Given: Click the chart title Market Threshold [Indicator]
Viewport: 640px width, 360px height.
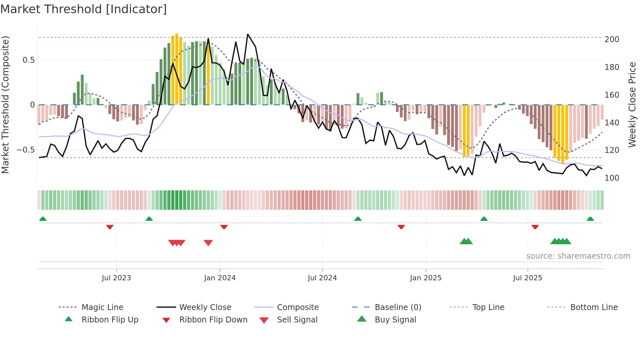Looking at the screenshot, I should [x=84, y=9].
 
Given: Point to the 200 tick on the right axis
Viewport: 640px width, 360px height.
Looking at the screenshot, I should [x=612, y=40].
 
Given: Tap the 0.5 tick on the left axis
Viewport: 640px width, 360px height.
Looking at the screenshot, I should [x=29, y=60].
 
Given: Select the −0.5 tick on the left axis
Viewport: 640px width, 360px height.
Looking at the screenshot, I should [x=26, y=150].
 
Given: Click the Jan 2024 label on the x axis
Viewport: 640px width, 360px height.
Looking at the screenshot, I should [x=220, y=278].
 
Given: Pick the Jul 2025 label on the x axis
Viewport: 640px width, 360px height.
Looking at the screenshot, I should [x=527, y=278].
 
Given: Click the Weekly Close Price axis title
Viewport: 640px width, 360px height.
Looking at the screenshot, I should [x=632, y=105].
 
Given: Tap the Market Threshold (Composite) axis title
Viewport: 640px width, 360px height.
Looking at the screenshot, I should [x=5, y=105].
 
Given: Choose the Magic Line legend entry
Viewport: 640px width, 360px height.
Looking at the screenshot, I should [x=102, y=307].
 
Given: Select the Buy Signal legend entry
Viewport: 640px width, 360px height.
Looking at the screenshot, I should [x=395, y=320].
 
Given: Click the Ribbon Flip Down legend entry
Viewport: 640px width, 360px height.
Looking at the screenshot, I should [x=213, y=320].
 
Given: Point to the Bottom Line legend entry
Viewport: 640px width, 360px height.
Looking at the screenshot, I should [x=594, y=307].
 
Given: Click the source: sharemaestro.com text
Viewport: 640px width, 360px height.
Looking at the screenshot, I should [x=578, y=256].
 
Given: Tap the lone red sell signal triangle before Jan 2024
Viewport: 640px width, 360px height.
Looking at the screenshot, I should [x=208, y=243].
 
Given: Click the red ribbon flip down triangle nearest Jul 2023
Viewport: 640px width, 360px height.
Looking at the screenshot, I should [x=110, y=227].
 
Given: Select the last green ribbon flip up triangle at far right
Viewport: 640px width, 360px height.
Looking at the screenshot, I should [x=590, y=219].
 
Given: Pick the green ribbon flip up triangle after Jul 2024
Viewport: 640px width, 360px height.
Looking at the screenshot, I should [x=358, y=219].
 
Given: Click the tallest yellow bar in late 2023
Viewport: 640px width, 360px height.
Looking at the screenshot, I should [x=177, y=69].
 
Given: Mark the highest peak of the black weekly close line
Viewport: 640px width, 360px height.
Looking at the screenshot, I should [x=248, y=34].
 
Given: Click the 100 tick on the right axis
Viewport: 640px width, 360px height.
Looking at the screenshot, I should [x=612, y=178].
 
